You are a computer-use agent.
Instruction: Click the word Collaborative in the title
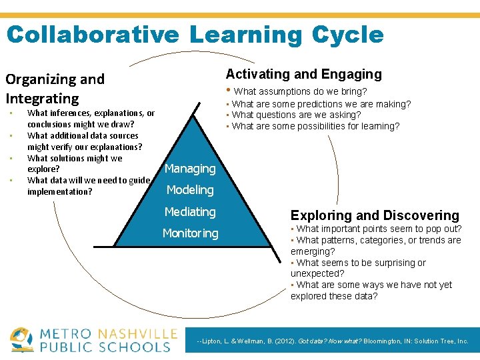93,35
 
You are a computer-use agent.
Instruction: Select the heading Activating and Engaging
304,74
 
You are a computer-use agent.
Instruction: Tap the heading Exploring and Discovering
375,215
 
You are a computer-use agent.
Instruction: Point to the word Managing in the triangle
190,169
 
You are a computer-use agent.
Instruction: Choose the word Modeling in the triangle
190,190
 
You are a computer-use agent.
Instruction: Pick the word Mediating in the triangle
191,212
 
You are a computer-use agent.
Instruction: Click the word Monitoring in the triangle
191,233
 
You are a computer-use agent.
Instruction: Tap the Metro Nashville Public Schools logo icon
22,339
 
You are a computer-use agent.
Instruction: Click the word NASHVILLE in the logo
137,333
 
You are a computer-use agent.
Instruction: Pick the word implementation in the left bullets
59,192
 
